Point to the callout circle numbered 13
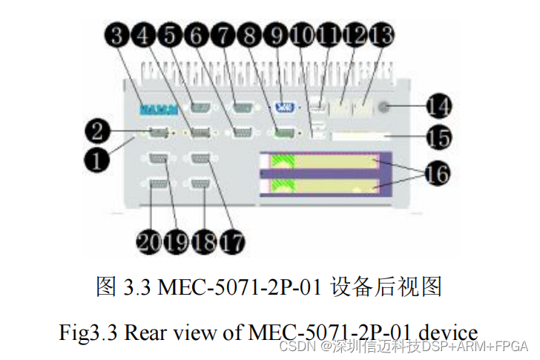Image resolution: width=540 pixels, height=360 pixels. point(382,37)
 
